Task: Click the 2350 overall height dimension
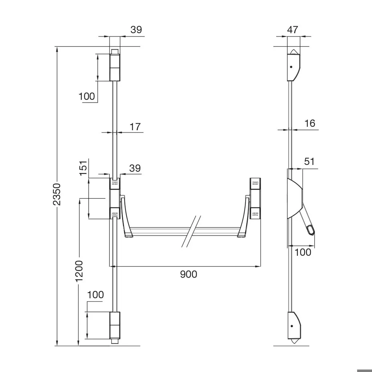pyautogui.click(x=57, y=194)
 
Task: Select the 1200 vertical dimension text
pyautogui.click(x=79, y=271)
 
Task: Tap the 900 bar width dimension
pyautogui.click(x=189, y=274)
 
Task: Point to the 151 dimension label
pyautogui.click(x=83, y=168)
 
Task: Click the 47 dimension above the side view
pyautogui.click(x=292, y=30)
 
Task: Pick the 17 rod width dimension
pyautogui.click(x=135, y=127)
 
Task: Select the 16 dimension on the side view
pyautogui.click(x=310, y=124)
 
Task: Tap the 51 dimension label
pyautogui.click(x=309, y=162)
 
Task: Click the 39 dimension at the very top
pyautogui.click(x=136, y=30)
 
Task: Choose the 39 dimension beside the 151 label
pyautogui.click(x=135, y=168)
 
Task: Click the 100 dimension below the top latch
pyautogui.click(x=86, y=96)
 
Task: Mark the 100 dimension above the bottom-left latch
pyautogui.click(x=96, y=295)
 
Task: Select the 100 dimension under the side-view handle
pyautogui.click(x=303, y=252)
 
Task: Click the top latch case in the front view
pyautogui.click(x=114, y=67)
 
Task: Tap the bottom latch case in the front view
pyautogui.click(x=114, y=325)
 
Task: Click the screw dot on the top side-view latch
pyautogui.click(x=291, y=67)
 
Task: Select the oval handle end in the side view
pyautogui.click(x=311, y=230)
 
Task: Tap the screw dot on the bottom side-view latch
pyautogui.click(x=291, y=325)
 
